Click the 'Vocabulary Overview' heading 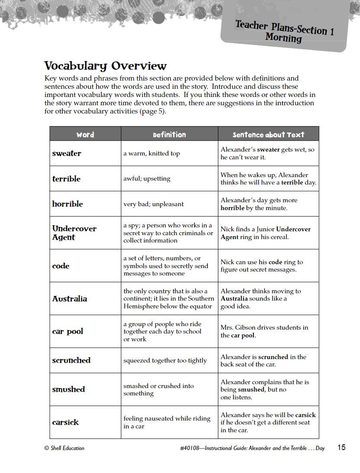[105, 66]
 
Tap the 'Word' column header [85, 135]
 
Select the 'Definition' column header [169, 135]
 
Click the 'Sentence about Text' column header [269, 135]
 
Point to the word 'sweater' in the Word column [67, 153]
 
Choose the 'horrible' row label [68, 204]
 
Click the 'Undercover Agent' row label [74, 233]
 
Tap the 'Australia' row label [70, 299]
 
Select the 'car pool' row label [68, 332]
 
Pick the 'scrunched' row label [71, 360]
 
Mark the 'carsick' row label [65, 422]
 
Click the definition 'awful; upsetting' [147, 178]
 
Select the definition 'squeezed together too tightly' [165, 360]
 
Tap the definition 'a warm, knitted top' [152, 153]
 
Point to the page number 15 [341, 447]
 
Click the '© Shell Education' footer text [64, 448]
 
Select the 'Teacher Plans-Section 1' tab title [285, 28]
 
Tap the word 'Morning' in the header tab [284, 38]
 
